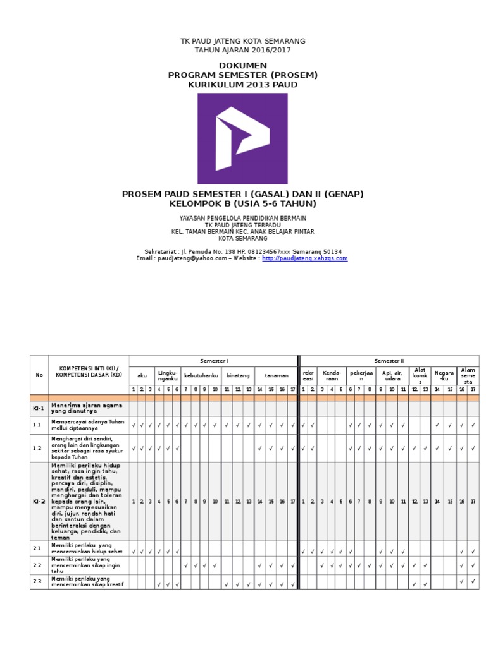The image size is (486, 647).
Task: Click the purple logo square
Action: (x=242, y=138)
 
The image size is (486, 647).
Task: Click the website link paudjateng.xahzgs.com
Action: (x=304, y=258)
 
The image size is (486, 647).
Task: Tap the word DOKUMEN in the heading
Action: (x=242, y=66)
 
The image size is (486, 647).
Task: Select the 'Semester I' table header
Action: (x=213, y=361)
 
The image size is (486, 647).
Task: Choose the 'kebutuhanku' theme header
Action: (x=201, y=375)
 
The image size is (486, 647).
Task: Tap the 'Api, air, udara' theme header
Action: (x=392, y=375)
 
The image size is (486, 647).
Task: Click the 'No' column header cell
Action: (x=39, y=375)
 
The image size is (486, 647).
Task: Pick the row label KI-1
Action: (x=39, y=409)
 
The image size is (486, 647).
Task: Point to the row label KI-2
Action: (x=39, y=501)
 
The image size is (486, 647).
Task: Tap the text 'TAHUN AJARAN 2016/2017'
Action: (x=242, y=50)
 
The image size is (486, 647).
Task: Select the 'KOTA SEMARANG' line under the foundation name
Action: (x=242, y=239)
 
